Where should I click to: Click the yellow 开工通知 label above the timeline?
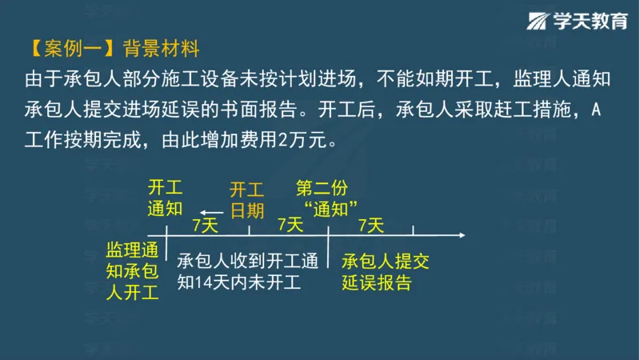click(166, 198)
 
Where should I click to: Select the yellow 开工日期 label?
click(246, 200)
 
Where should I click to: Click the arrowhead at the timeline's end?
click(461, 235)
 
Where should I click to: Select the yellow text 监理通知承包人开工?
click(133, 272)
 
